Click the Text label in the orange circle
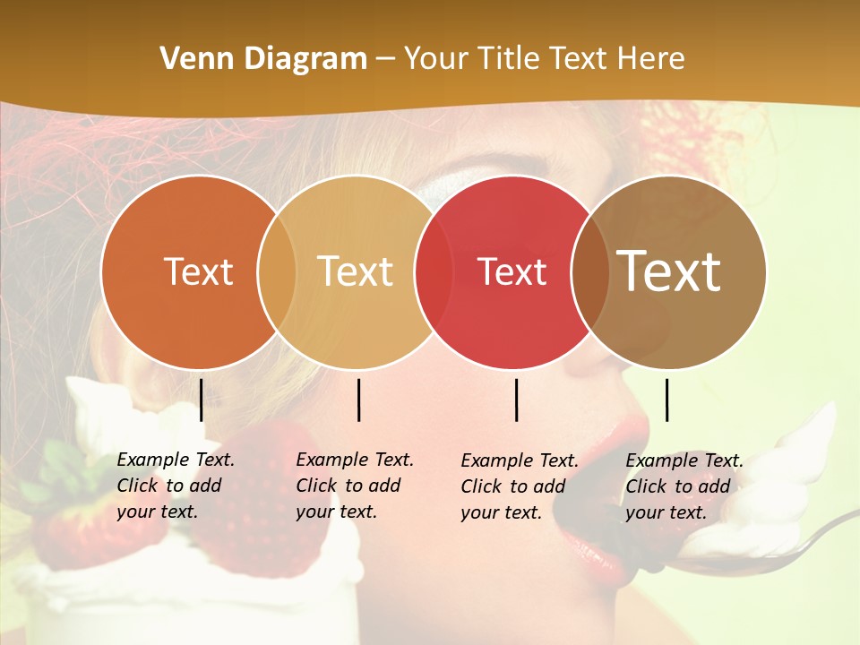(198, 272)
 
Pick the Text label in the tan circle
(356, 272)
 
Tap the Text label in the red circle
(512, 272)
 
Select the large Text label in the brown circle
(669, 272)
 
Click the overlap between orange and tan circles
(277, 272)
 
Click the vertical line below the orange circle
(202, 400)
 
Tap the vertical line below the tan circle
(359, 400)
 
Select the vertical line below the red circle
(517, 400)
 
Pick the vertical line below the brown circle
(667, 400)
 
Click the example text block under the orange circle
(175, 486)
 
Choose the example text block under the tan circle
(354, 486)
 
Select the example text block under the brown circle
(684, 486)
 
